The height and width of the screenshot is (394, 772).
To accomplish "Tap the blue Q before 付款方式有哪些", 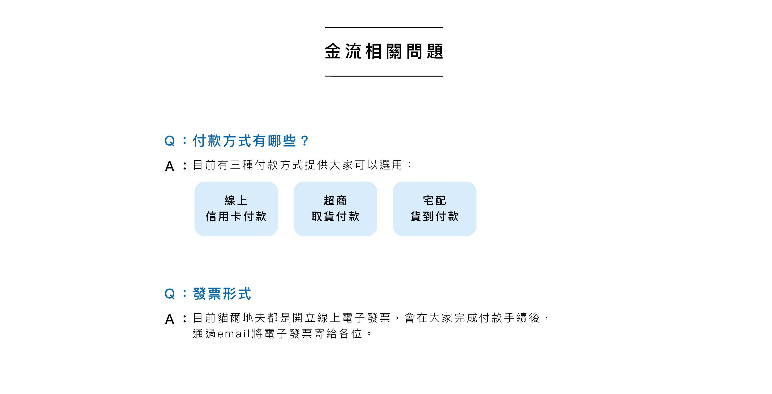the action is pyautogui.click(x=169, y=141).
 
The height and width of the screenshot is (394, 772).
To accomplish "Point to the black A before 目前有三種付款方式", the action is pyautogui.click(x=170, y=166).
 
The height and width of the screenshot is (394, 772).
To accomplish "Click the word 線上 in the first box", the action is pyautogui.click(x=236, y=200).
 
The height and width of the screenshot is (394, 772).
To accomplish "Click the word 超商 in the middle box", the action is pyautogui.click(x=335, y=200).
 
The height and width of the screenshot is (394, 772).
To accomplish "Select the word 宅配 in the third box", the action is pyautogui.click(x=434, y=200).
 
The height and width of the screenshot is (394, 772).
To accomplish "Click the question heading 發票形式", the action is pyautogui.click(x=222, y=294).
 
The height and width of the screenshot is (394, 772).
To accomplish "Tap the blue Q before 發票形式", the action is pyautogui.click(x=169, y=294).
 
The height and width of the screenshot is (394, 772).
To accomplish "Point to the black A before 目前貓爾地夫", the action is pyautogui.click(x=170, y=319).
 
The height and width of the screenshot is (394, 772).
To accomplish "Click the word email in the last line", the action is pyautogui.click(x=233, y=334).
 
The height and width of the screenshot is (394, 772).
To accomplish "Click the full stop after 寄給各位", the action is pyautogui.click(x=369, y=334).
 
